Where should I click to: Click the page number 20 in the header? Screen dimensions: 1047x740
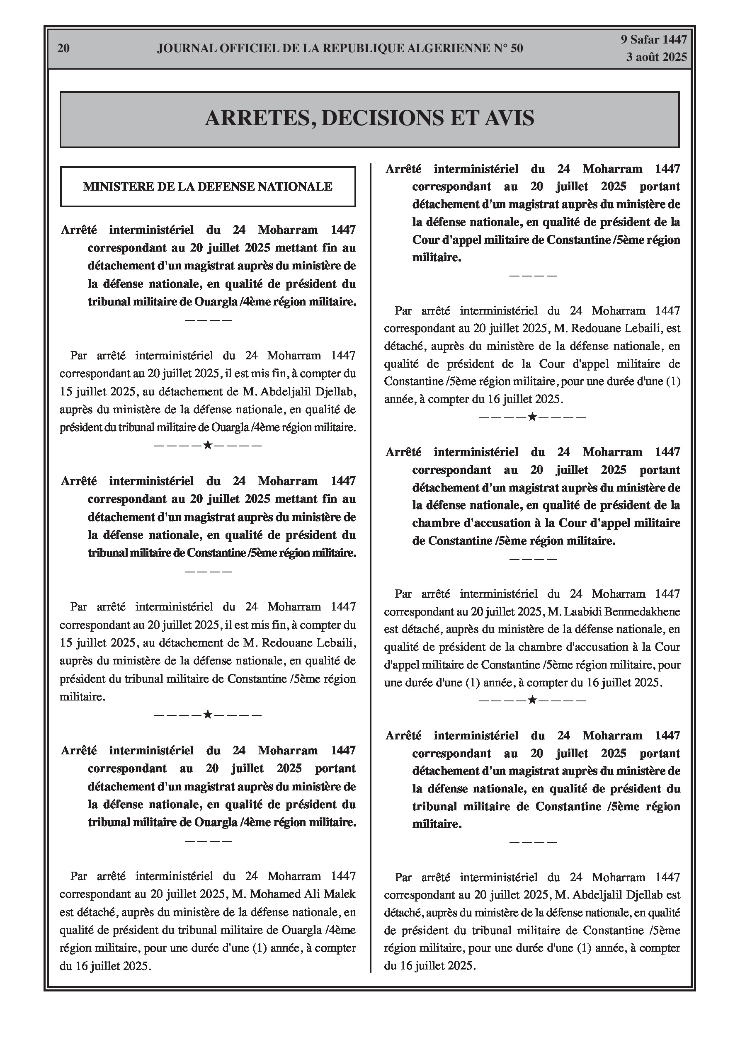coord(63,48)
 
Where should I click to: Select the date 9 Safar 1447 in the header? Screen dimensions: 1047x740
coord(653,40)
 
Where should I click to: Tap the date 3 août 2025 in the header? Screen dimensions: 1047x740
coord(656,57)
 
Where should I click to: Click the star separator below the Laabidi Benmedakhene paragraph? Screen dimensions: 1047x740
coord(531,700)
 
